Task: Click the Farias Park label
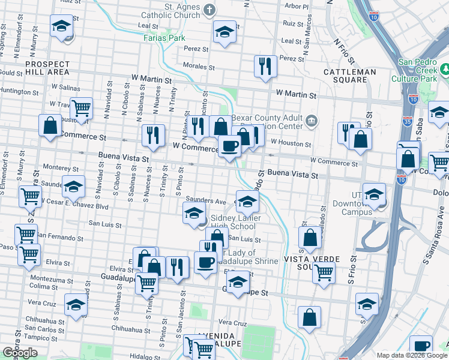pyautogui.click(x=164, y=37)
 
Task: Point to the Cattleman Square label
pyautogui.click(x=350, y=72)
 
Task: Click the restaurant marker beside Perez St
pyautogui.click(x=265, y=65)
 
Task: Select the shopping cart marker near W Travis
pyautogui.click(x=81, y=108)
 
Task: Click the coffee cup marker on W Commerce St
pyautogui.click(x=229, y=145)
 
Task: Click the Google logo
pyautogui.click(x=20, y=353)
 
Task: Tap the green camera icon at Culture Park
pyautogui.click(x=445, y=70)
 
